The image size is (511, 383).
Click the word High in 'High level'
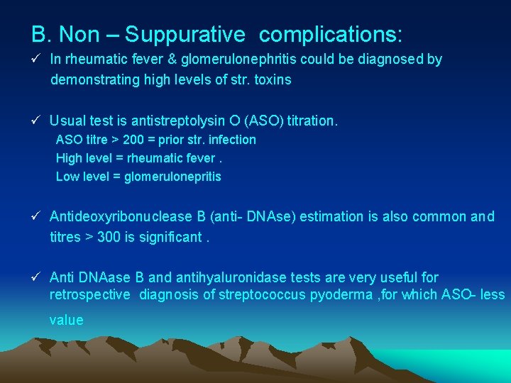pyautogui.click(x=69, y=158)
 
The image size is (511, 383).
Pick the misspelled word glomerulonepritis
pyautogui.click(x=172, y=177)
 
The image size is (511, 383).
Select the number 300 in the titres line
pyautogui.click(x=109, y=237)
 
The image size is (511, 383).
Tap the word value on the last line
pyautogui.click(x=66, y=320)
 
